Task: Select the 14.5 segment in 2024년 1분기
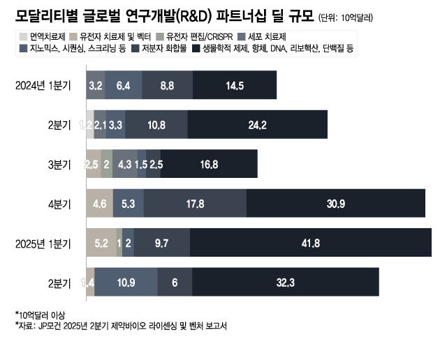coord(235,85)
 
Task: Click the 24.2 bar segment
coord(258,125)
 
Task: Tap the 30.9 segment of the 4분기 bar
coord(336,204)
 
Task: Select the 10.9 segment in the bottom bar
coord(126,283)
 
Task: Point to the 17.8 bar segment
coord(196,204)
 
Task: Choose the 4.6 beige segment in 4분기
coord(99,204)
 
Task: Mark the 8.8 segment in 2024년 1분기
coord(167,85)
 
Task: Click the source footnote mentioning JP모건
coord(122,326)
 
